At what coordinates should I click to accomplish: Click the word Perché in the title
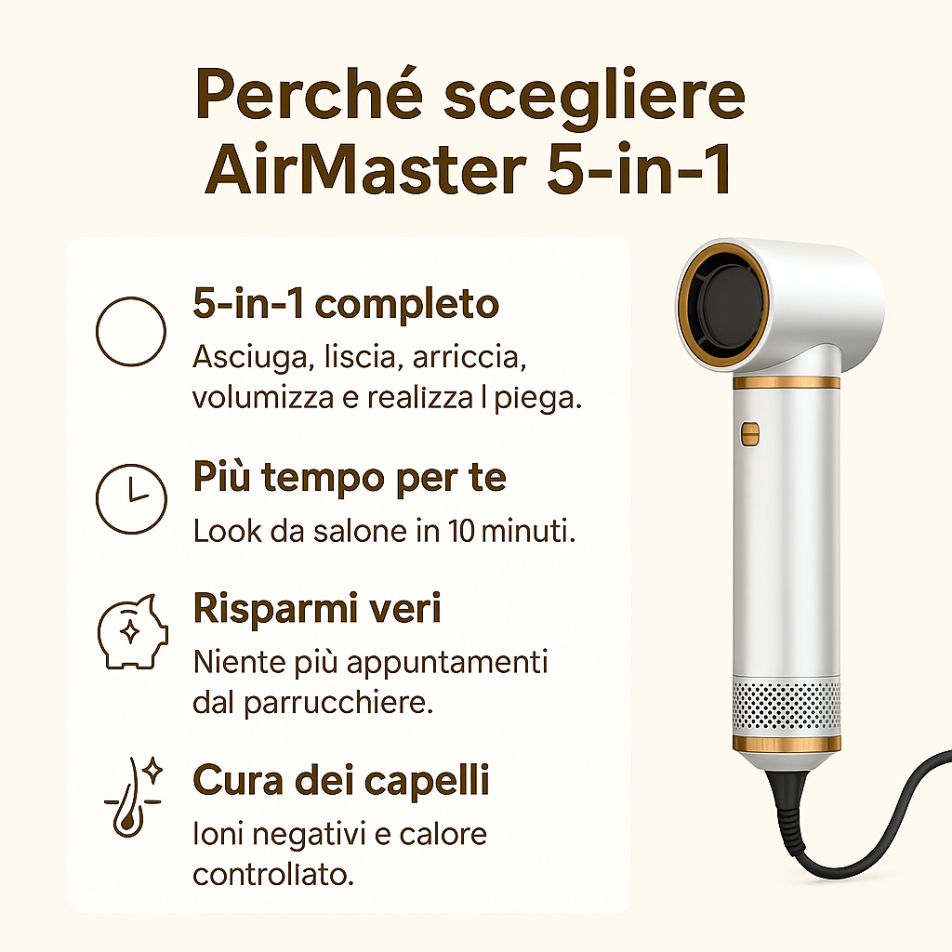point(309,95)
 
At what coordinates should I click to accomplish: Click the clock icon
point(131,499)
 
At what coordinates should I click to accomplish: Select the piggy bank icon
point(133,632)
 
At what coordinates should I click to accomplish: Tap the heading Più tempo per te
point(350,478)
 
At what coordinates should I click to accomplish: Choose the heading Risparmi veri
point(317,608)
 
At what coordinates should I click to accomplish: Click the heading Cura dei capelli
point(341,780)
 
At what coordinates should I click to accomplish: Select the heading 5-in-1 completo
point(346,304)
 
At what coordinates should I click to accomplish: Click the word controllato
point(273,875)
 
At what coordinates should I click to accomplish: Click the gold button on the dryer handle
point(750,434)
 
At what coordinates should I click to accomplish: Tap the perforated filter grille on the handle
point(787,705)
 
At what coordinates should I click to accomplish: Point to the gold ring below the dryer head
point(787,382)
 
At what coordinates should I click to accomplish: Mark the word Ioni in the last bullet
point(218,834)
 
